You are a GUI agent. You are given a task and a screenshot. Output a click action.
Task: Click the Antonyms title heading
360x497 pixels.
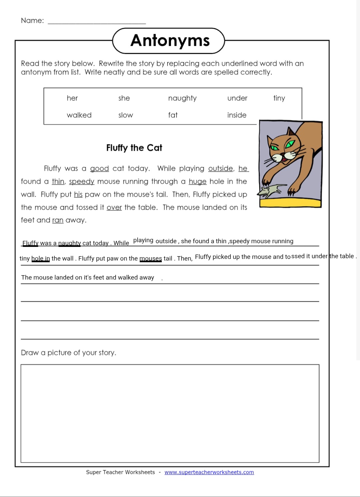[170, 41]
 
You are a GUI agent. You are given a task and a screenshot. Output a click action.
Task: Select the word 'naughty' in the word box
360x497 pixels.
[182, 98]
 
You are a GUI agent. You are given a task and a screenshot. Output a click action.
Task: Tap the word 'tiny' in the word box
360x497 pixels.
[279, 98]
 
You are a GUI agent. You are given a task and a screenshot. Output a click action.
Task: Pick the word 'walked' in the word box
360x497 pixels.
[79, 115]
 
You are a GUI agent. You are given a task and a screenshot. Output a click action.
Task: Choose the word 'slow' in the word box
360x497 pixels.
[125, 115]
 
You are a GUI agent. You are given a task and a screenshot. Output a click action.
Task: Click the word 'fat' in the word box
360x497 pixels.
[173, 115]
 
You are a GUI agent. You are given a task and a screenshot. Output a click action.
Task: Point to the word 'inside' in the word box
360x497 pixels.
[237, 115]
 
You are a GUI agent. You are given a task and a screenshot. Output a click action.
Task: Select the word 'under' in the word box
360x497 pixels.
[237, 98]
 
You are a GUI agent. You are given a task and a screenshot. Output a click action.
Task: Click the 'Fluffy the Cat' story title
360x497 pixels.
[134, 148]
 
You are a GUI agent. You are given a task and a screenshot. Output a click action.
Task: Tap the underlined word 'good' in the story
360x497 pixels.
[99, 168]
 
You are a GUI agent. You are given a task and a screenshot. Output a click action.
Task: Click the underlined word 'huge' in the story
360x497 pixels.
[197, 181]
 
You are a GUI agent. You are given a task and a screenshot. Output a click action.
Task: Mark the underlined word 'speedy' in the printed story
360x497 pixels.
[82, 182]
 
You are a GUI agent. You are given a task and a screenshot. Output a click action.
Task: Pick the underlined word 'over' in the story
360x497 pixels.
[114, 207]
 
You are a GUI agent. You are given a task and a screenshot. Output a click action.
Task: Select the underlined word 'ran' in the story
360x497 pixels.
[58, 220]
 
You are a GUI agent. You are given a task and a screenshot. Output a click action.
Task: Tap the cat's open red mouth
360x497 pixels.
[284, 160]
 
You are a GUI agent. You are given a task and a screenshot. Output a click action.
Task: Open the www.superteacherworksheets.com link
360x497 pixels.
[209, 472]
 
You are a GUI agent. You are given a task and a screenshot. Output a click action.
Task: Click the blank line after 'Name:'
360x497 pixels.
[97, 22]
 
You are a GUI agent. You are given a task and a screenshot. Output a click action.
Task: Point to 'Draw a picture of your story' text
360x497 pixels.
[68, 353]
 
